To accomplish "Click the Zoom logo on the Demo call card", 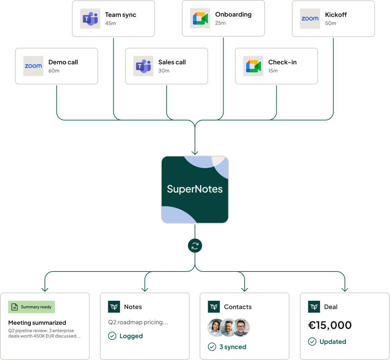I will [33, 66].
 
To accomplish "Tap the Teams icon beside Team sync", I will [90, 19].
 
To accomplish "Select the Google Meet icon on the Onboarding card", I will [200, 18].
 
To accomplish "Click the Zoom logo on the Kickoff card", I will [310, 19].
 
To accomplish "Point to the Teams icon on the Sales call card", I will [143, 66].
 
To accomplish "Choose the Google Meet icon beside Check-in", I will [253, 66].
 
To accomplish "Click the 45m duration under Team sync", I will [111, 23].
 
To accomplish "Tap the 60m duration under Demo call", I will [54, 71].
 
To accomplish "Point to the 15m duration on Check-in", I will [273, 71].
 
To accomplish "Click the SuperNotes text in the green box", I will [195, 189].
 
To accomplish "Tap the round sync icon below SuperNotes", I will [195, 246].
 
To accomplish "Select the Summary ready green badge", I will [32, 307].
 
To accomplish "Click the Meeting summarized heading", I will [37, 323].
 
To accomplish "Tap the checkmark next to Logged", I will [112, 336].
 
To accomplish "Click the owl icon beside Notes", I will [114, 307].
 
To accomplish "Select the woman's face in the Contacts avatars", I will [216, 327].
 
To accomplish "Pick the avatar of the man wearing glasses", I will [241, 327].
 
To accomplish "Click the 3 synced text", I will [233, 347].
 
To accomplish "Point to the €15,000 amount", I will [330, 325].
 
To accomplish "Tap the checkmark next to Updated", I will [312, 341].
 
